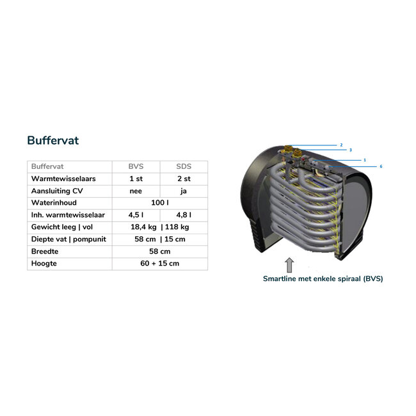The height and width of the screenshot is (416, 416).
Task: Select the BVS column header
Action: coord(136,166)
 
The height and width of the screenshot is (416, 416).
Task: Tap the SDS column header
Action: coord(184,166)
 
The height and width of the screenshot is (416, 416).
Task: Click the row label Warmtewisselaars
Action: coord(60,179)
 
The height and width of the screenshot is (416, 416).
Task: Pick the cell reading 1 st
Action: coord(136,179)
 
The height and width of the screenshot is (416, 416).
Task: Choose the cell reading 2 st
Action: coord(184,179)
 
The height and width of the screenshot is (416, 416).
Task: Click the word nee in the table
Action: coord(136,191)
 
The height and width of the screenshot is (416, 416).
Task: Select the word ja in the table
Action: coord(184,191)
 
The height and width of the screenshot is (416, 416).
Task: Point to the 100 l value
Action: coord(159,203)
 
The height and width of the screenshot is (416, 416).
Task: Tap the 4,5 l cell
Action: coord(136,215)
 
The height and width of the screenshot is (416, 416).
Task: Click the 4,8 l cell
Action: coord(184,215)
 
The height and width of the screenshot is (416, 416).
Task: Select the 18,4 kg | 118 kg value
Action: coord(159,227)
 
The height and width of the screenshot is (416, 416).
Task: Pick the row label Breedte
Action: coord(45,252)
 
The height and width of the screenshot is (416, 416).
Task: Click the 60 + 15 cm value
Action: coord(159,264)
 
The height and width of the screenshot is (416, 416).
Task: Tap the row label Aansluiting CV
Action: coord(57,191)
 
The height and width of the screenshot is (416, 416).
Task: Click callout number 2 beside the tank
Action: coord(341,145)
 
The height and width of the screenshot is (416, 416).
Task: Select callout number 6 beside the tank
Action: coord(381,166)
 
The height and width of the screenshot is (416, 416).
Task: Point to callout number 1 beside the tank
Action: coord(364,159)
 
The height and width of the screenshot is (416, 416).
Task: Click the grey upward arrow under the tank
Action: coord(289,264)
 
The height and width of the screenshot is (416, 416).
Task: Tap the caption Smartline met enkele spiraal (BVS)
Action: coord(323,278)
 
